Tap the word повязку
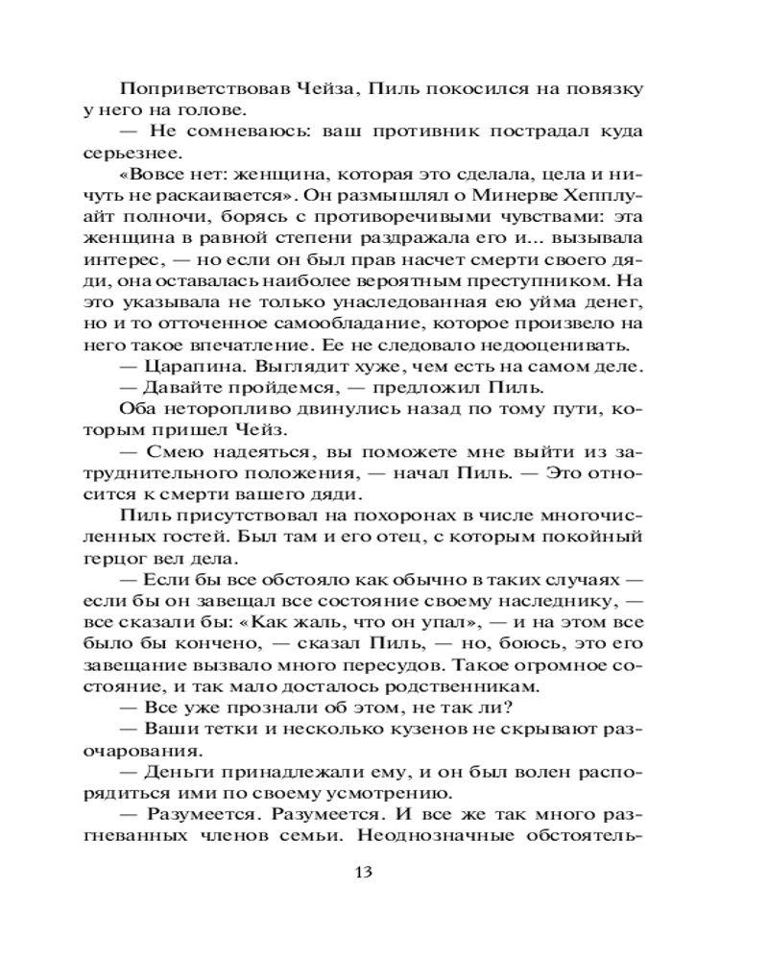click(x=603, y=88)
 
